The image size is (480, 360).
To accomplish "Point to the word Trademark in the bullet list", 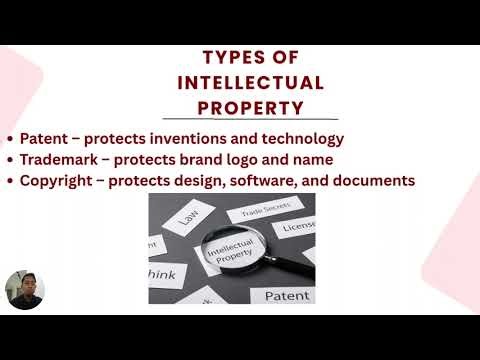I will [x=57, y=159].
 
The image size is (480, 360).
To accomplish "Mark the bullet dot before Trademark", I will [x=10, y=160].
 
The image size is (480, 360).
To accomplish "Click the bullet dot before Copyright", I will [x=10, y=181].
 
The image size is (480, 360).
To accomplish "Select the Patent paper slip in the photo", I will [x=288, y=295].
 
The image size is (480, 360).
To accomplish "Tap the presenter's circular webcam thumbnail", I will [x=23, y=289].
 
